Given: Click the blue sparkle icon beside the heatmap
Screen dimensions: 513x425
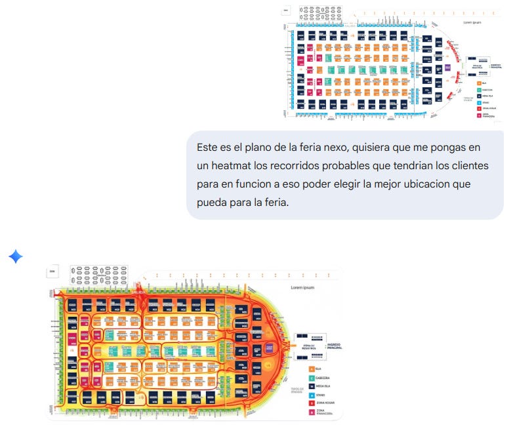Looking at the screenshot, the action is point(16,256).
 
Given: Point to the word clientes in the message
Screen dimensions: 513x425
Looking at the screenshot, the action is point(468,165).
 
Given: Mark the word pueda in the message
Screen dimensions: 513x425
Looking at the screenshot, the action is point(214,202).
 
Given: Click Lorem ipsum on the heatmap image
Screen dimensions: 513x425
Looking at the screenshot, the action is point(303,287).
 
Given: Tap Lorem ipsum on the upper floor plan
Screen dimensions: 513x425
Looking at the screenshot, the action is point(472,22).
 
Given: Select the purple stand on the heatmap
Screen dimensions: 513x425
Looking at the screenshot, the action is point(270,347).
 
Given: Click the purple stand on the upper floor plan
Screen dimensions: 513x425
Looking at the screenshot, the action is point(448,67).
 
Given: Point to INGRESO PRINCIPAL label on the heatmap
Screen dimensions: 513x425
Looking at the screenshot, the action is point(330,346).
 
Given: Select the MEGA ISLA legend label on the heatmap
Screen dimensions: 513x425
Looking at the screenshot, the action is point(323,387).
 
